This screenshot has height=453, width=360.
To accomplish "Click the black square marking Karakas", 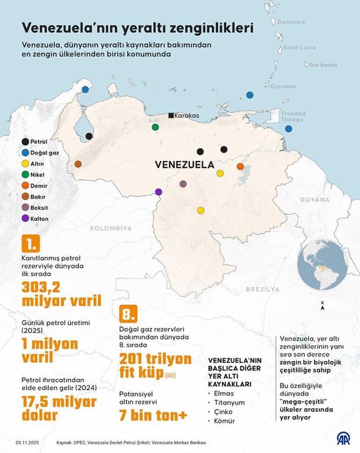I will tap(172, 116).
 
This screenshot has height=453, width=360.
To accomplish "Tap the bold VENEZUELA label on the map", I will tap(184, 165).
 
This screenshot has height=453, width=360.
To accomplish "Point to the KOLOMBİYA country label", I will tap(111, 228).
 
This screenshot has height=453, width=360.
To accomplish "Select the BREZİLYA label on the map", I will tap(262, 289).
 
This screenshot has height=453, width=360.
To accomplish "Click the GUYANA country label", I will tap(315, 199).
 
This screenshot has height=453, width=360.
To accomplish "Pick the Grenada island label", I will tap(283, 86).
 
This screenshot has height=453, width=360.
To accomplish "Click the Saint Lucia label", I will tap(300, 47).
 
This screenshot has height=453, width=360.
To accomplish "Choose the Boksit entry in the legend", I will tap(39, 207).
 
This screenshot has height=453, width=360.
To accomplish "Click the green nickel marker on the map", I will tap(155, 127).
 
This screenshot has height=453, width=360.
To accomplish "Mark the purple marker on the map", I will tap(158, 191).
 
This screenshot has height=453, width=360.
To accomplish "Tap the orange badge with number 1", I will tap(31, 244).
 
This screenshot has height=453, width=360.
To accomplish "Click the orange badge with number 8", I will tap(128, 313).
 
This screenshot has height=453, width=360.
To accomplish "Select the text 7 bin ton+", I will tap(153, 415).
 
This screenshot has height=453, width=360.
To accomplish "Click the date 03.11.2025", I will tap(26, 442).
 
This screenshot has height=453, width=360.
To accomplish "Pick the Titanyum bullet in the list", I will tap(229, 402).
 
